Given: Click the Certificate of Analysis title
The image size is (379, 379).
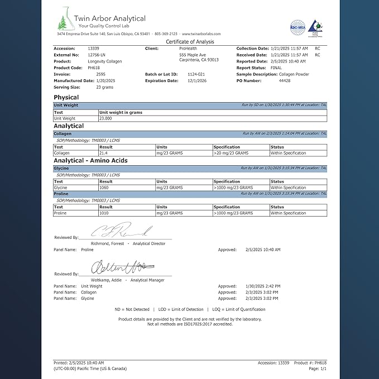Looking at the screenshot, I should point(190,42).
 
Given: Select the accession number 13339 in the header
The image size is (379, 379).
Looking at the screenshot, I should point(93,49).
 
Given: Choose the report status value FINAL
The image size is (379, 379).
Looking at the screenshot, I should point(276,68).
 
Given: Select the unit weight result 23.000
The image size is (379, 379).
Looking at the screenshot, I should point(105,118).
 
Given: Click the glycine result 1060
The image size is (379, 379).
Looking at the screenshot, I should point(104,188).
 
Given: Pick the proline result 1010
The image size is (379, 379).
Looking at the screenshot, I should point(104,213).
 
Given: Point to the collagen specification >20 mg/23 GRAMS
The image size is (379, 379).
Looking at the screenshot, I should point(231,153).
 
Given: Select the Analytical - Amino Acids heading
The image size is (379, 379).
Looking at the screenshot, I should point(90,161).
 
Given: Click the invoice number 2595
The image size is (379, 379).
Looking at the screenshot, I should point(100,74).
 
